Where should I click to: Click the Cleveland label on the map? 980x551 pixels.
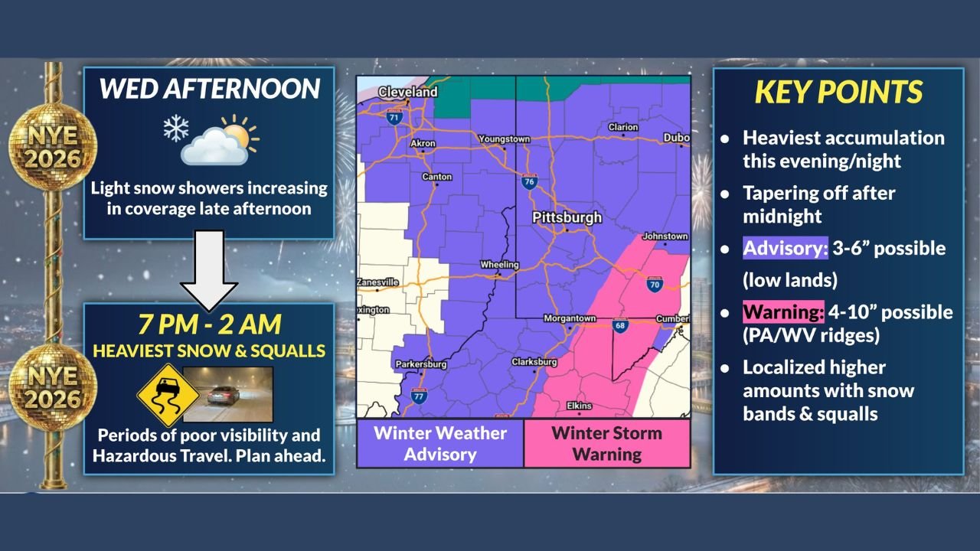(409, 92)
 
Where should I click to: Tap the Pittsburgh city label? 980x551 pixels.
(567, 217)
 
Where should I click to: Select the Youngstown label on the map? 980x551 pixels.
(504, 139)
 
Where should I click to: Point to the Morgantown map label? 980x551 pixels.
(570, 318)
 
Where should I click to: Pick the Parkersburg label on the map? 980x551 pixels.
(420, 364)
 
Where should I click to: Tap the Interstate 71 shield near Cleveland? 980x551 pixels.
(394, 118)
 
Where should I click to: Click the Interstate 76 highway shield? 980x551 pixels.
(529, 182)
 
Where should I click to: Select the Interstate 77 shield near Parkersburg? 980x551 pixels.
(418, 396)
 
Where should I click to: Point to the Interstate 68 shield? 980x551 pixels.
(619, 327)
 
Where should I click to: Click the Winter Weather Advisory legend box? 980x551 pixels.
(440, 443)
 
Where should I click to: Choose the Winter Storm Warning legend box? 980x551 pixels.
(607, 443)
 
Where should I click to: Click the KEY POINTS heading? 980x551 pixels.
(838, 93)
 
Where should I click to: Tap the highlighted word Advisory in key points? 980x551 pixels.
(785, 249)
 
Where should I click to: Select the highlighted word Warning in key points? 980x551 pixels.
(783, 312)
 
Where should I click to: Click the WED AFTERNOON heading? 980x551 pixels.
(209, 89)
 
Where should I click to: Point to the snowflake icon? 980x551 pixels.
(175, 129)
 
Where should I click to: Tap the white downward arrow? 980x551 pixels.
(209, 269)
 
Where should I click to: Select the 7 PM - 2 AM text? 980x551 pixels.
(209, 324)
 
